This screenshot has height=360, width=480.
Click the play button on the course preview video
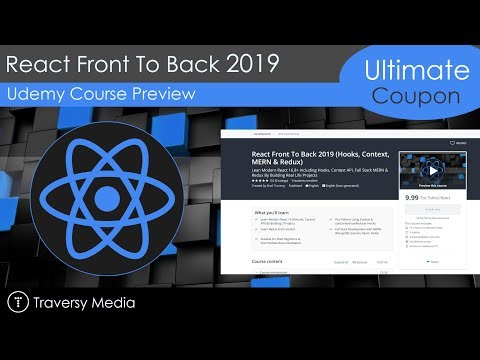pyautogui.click(x=432, y=169)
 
